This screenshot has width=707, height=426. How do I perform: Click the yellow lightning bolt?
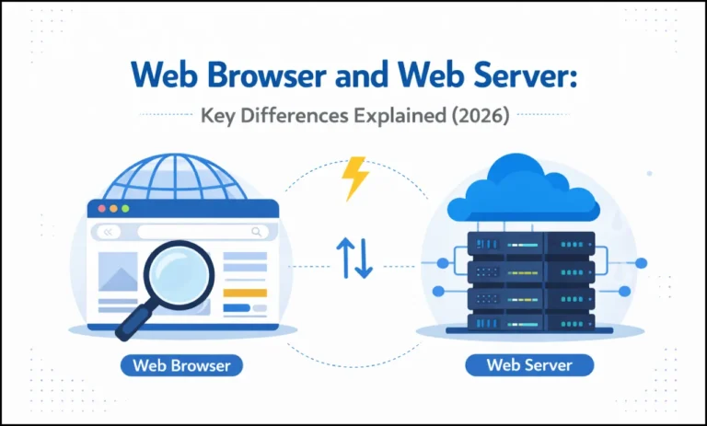(355, 178)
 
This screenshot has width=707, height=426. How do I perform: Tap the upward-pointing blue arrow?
(344, 259)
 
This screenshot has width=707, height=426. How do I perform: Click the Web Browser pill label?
(180, 365)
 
